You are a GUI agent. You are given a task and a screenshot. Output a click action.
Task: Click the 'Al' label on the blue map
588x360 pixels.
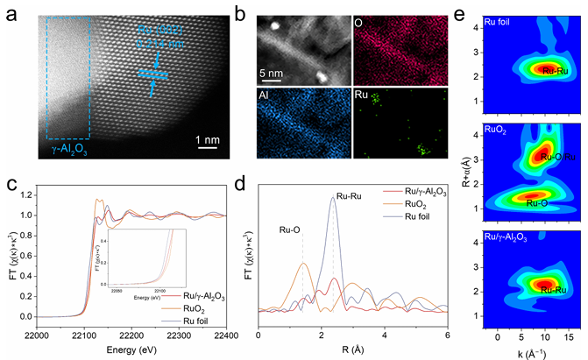(x=269, y=98)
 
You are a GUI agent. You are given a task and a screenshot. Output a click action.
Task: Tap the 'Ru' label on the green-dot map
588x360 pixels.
(x=365, y=98)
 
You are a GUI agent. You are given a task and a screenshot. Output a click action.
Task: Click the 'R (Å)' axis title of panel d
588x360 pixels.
(x=353, y=349)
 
